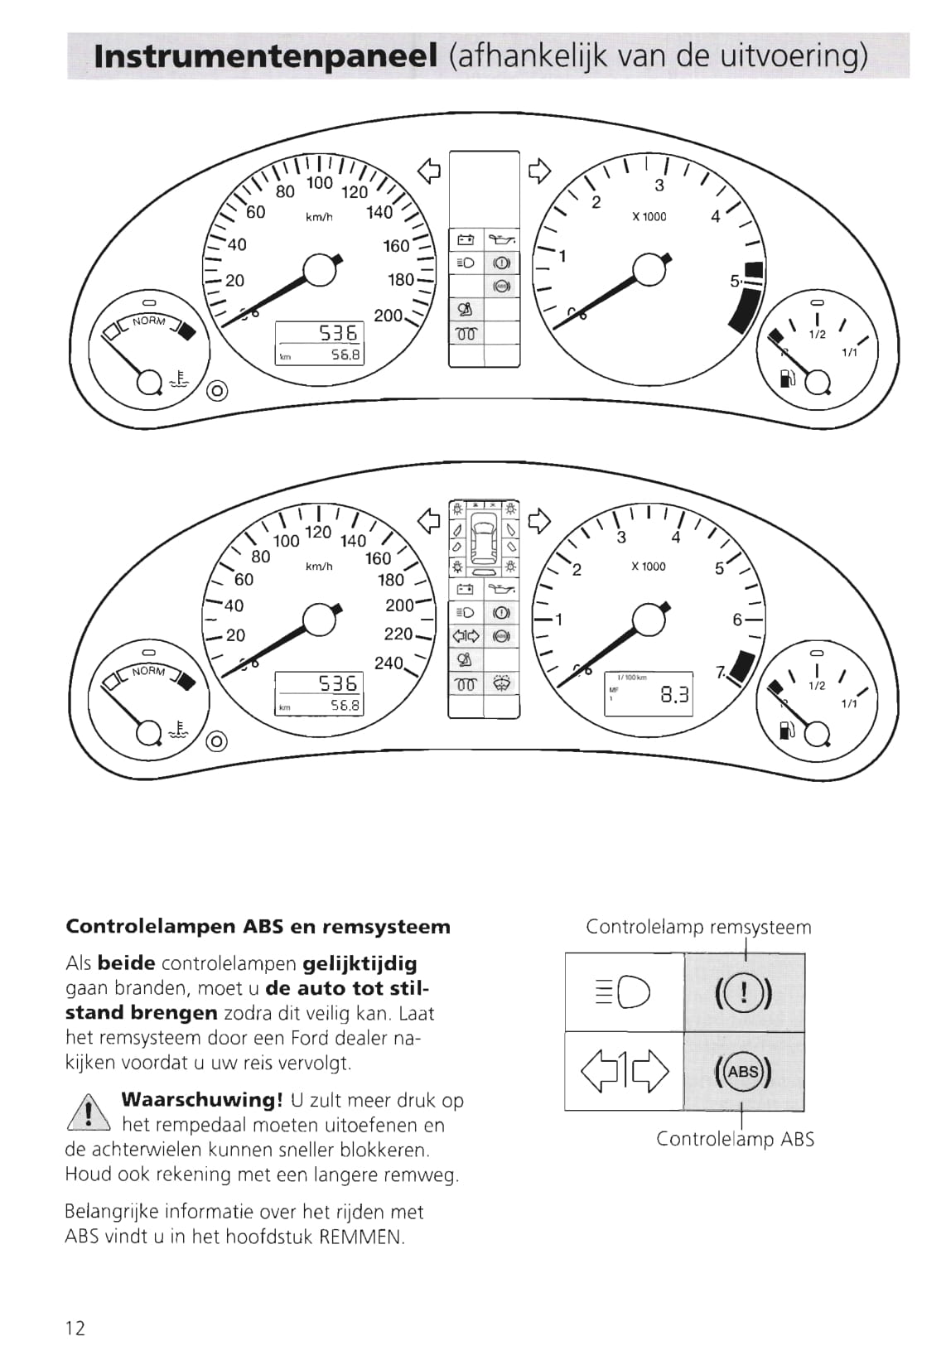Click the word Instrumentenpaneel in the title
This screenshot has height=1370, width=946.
click(x=266, y=56)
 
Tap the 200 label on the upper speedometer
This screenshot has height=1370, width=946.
click(x=388, y=316)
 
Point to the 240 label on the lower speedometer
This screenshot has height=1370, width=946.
click(x=389, y=663)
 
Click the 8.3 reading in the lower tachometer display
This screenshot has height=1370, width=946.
click(x=674, y=695)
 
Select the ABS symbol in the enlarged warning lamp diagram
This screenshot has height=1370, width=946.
click(x=743, y=1072)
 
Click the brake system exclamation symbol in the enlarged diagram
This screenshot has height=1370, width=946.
click(x=743, y=992)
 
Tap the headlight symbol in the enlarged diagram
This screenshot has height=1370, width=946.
click(x=624, y=992)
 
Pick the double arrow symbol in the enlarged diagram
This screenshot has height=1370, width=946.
click(x=624, y=1072)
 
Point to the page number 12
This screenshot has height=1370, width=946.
click(x=75, y=1329)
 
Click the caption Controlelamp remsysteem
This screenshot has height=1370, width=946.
click(x=698, y=927)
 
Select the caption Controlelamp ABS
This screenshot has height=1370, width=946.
click(x=735, y=1139)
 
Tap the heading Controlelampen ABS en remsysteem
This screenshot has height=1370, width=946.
click(x=258, y=926)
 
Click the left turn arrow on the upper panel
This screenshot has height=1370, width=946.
click(x=428, y=171)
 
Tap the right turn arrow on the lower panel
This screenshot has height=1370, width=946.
click(x=539, y=521)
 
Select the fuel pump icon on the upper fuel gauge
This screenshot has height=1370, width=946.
click(x=785, y=379)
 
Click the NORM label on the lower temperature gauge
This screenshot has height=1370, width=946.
click(x=149, y=671)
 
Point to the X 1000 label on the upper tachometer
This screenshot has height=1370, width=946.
click(x=649, y=217)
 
